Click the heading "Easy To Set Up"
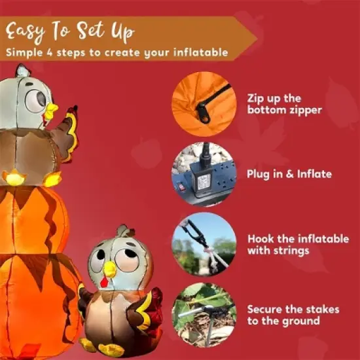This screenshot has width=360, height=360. pos(69,30)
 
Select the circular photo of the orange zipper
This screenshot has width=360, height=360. pos(204,103)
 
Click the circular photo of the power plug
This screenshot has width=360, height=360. pos(204,173)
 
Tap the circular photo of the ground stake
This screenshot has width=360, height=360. pos(204,314)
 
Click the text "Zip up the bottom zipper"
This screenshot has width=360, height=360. pos(285,103)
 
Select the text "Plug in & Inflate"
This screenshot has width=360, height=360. pos(289,174)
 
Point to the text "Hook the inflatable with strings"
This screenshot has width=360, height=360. pos(298,244)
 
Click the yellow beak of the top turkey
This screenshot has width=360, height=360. pos(51,109)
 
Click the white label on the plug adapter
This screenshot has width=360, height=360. pos(204,181)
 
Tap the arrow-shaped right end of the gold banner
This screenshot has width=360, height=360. pos(246,39)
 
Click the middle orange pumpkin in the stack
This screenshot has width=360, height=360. pos(33,219)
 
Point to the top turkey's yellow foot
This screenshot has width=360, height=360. pos(14,177)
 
